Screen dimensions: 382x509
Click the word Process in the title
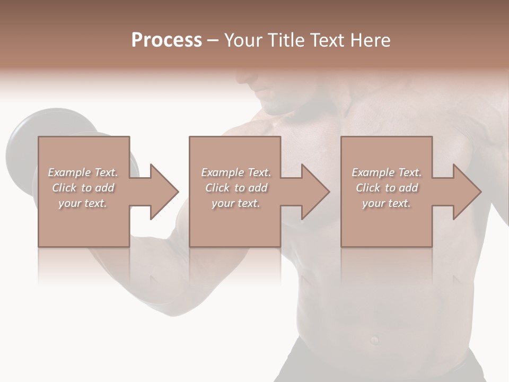tap(166, 40)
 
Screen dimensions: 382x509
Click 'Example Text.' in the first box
tap(83, 172)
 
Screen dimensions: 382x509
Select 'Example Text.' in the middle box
tap(235, 172)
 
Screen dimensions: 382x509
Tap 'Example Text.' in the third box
tap(387, 172)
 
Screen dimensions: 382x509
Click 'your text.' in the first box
tap(83, 203)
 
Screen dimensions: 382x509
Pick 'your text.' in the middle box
tap(235, 203)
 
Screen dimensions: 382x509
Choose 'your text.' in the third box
tap(387, 203)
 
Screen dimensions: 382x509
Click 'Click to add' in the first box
tap(83, 188)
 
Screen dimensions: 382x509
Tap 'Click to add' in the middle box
tap(235, 188)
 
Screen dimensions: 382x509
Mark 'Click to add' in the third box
tap(387, 188)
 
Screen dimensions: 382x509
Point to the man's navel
tap(375, 339)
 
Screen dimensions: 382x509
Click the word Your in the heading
tap(243, 40)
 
